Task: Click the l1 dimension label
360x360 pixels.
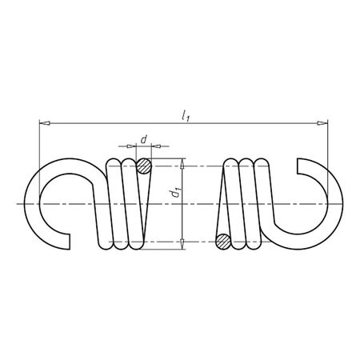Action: tap(186, 117)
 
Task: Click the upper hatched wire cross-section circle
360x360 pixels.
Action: tap(143, 167)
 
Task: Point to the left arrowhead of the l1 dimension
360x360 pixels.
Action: tap(43, 124)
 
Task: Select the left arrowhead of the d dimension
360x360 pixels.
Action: tap(131, 146)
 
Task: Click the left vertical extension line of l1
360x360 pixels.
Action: tap(38, 152)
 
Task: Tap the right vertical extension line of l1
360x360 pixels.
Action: tap(327, 152)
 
